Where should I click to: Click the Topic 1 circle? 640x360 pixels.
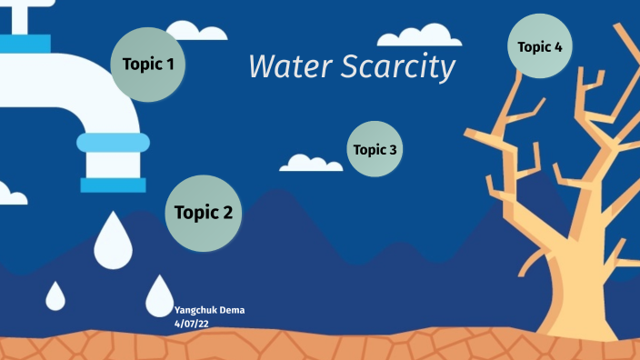(x=148, y=65)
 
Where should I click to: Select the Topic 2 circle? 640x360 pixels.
(x=204, y=213)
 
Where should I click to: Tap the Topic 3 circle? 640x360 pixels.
(x=375, y=149)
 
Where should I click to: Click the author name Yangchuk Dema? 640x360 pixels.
(x=209, y=310)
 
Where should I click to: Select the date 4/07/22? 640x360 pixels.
(x=192, y=322)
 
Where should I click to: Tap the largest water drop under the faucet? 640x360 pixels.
(x=114, y=241)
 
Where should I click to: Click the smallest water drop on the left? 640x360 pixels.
(x=56, y=295)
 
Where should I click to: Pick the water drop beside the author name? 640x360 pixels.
(x=159, y=295)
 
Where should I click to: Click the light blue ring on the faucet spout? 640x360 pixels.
(x=113, y=142)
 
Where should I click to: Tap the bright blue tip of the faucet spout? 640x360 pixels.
(x=113, y=185)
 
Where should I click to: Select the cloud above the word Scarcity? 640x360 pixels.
(x=419, y=35)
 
